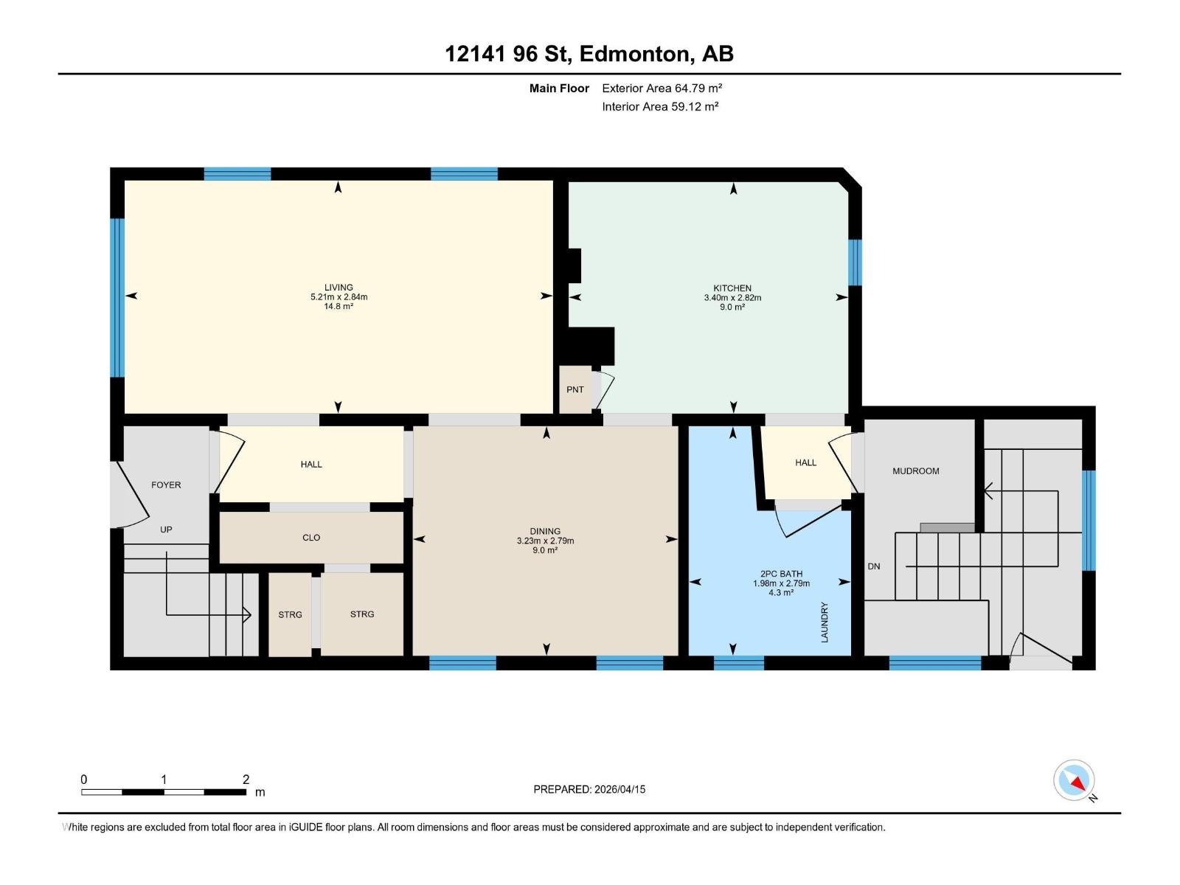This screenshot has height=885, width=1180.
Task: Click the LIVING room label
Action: [x=339, y=288]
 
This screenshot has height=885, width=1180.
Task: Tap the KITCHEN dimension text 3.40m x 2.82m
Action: [x=732, y=298]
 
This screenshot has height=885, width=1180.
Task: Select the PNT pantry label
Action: [x=575, y=389]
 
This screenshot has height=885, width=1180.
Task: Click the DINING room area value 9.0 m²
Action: [x=545, y=550]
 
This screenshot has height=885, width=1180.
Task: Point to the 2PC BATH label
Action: [x=781, y=574]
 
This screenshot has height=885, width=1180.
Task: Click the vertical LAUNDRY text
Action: [x=825, y=622]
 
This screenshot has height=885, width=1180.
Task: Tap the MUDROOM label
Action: [x=915, y=471]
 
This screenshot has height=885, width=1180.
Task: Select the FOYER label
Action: [x=166, y=485]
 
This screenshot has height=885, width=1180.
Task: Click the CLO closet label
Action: [x=311, y=538]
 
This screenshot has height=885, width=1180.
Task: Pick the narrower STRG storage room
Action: [x=290, y=614]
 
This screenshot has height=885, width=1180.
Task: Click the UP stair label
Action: [x=166, y=530]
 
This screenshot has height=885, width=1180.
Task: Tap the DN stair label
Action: [x=873, y=566]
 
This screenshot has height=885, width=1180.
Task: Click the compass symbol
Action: [x=1074, y=780]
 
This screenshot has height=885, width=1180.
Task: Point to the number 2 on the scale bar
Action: [x=246, y=780]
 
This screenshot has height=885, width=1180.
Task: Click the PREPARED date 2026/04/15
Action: [x=619, y=789]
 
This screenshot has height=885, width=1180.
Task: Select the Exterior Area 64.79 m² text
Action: [x=662, y=88]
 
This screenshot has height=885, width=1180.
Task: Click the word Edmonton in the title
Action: [x=636, y=54]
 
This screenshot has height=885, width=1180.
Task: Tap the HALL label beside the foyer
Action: [x=311, y=464]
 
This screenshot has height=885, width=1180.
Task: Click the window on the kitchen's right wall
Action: [x=855, y=262]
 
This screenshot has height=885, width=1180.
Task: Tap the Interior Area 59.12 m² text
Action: [x=660, y=106]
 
